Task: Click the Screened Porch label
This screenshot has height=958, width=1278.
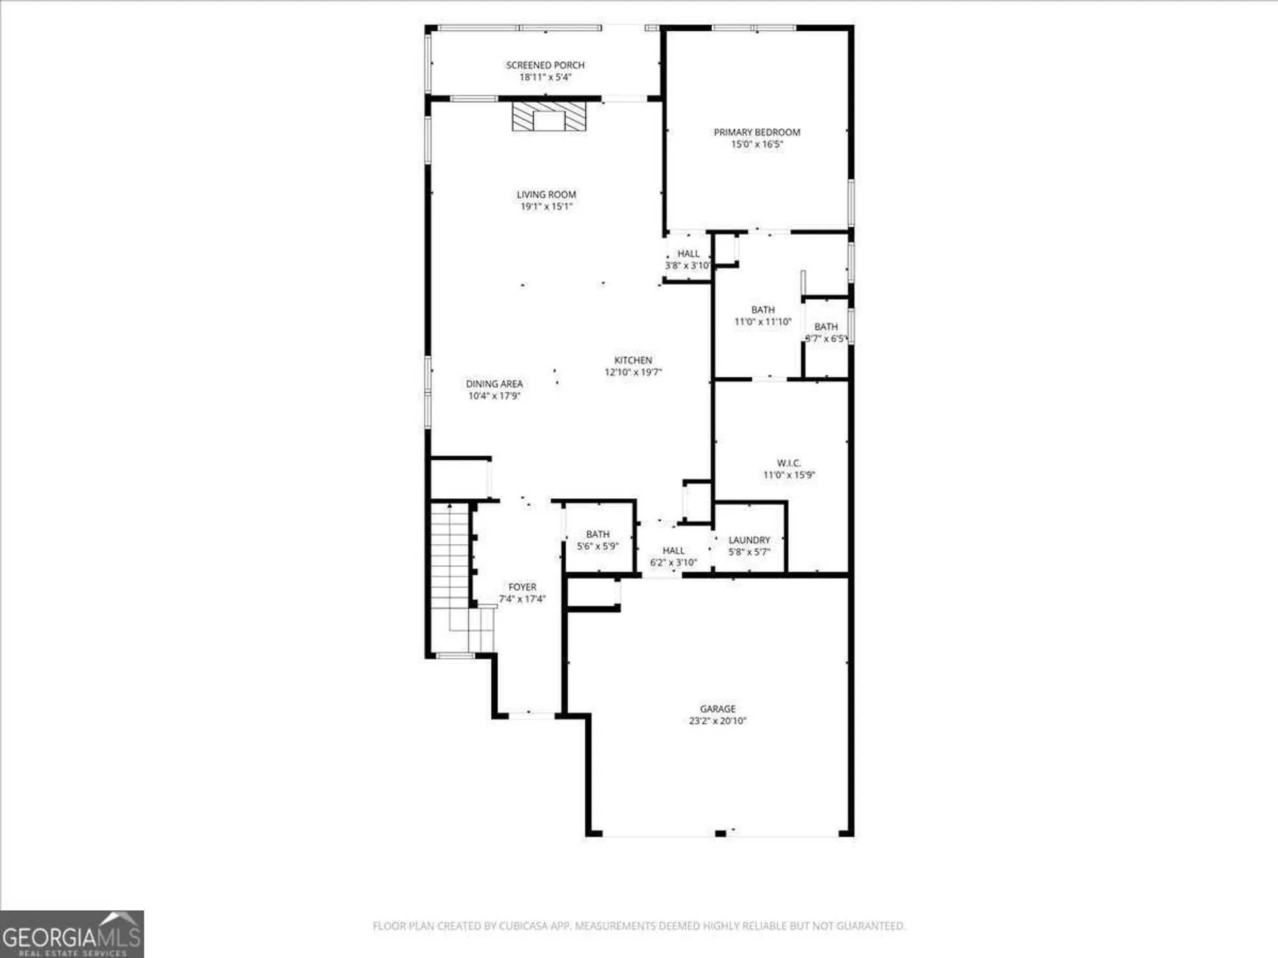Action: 545,65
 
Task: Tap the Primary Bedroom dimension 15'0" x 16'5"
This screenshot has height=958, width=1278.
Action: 757,144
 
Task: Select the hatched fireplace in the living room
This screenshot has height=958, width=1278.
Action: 549,117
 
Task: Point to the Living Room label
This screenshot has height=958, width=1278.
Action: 546,194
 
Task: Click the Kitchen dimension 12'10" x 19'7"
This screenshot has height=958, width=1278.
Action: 633,372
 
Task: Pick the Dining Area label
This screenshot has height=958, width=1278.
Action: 494,384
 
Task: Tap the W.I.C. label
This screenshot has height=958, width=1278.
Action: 789,463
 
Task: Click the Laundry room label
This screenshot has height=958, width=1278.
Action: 749,540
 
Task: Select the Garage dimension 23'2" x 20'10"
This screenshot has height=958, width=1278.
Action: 718,721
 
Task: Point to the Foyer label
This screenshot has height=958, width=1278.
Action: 522,587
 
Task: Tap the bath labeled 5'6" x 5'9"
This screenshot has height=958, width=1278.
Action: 597,540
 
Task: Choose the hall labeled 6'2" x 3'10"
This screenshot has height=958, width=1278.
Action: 673,556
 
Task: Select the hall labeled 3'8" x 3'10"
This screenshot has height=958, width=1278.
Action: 688,259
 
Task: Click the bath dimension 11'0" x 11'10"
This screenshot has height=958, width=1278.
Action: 762,322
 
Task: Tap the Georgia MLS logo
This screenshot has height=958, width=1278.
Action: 72,934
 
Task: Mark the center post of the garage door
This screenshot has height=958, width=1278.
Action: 720,833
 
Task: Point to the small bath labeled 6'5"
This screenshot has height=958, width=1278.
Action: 826,333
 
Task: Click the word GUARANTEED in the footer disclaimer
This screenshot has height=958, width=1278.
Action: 872,926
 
